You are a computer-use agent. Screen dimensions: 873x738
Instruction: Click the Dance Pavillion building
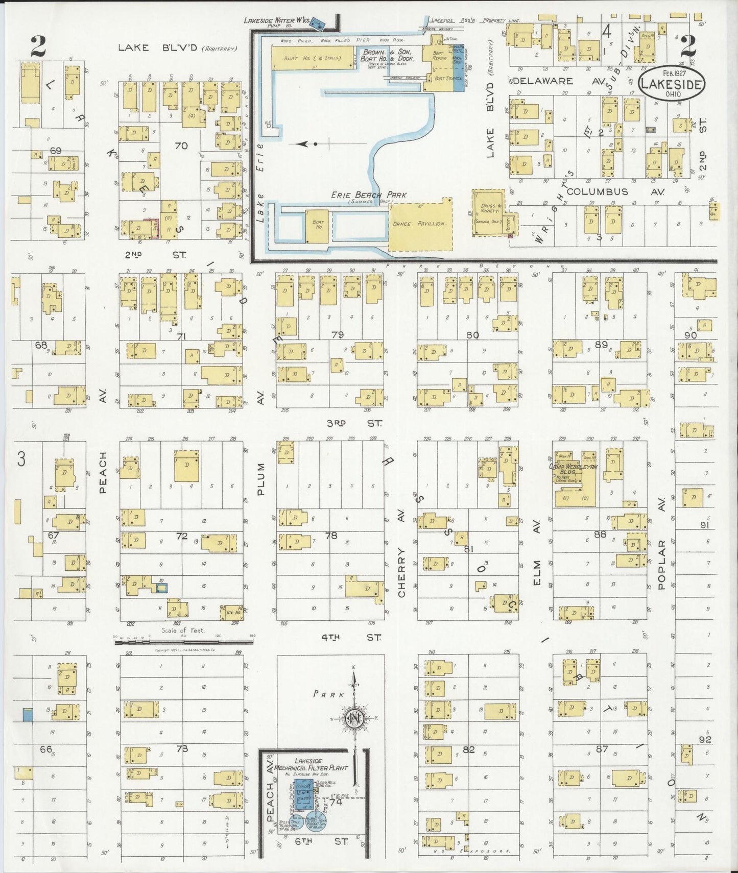[420, 224]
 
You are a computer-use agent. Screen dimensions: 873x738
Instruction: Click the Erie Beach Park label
[369, 195]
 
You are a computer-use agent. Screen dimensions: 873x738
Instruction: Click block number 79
[337, 335]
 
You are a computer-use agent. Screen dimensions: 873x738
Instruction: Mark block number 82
[468, 749]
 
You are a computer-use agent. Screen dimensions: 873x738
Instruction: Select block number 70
[181, 146]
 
